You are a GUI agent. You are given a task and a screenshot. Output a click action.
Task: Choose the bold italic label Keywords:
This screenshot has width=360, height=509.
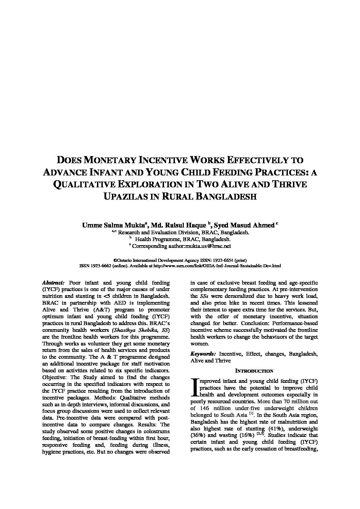pos(203,354)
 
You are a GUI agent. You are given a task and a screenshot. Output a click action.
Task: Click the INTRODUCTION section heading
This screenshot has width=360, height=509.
pos(254,371)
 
